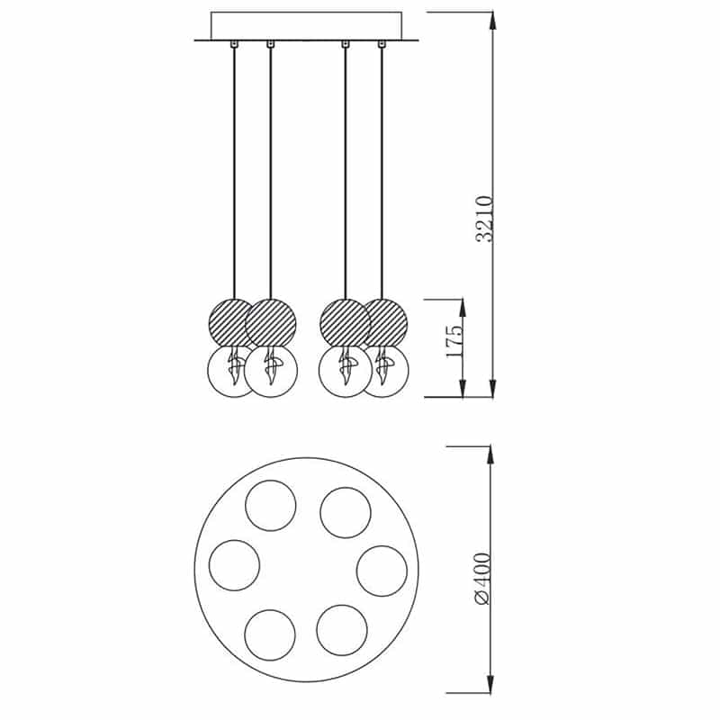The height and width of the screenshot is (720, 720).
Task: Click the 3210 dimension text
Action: coord(485,219)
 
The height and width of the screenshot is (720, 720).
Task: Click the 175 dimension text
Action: coord(455,341)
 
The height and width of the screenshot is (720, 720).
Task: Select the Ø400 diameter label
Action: coord(482,579)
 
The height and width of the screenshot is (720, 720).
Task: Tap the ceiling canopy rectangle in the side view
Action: coord(306,26)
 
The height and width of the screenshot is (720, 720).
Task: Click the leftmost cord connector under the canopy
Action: coord(234,44)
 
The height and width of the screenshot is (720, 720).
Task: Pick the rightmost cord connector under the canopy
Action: coord(381,44)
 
